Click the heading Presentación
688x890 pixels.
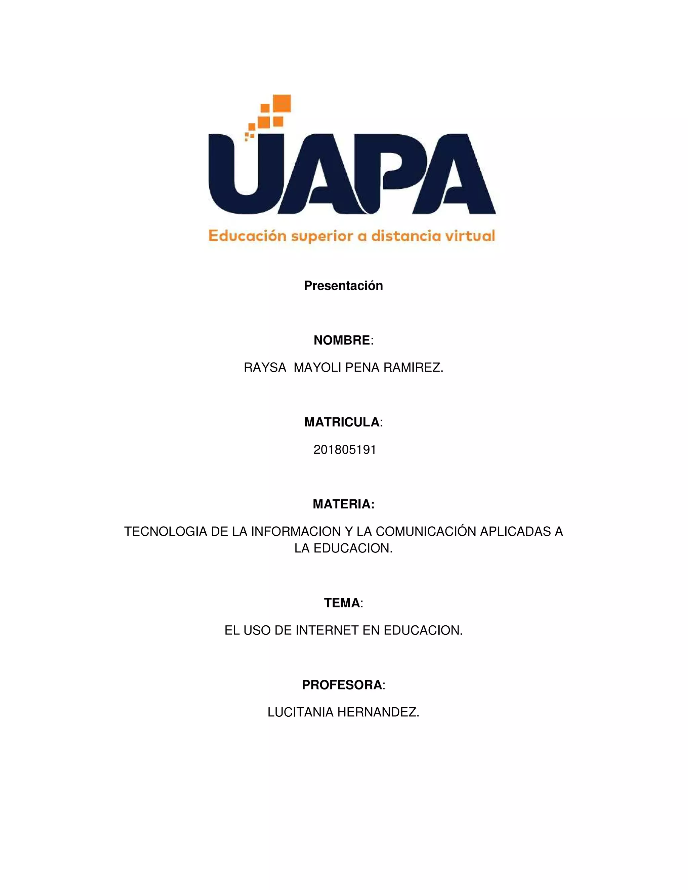[343, 286]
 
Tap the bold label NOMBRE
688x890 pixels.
[342, 340]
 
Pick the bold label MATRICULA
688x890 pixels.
[342, 422]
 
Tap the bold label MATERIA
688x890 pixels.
[343, 504]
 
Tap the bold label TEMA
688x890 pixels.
[342, 603]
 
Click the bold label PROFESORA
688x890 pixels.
[342, 685]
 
